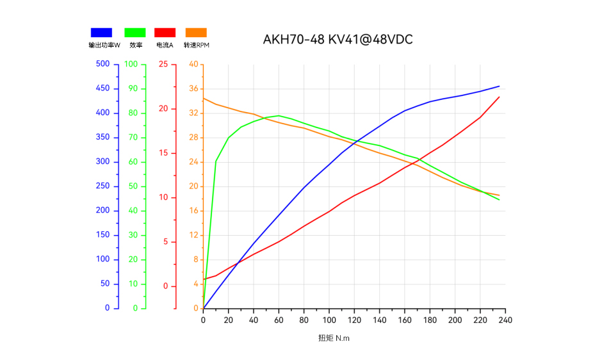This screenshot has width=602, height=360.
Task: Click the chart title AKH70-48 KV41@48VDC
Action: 338,40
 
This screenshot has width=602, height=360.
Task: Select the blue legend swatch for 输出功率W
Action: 101,33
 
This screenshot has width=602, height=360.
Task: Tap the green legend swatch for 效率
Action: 135,33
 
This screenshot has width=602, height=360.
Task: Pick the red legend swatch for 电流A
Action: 165,33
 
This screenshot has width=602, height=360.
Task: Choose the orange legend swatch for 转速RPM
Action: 195,33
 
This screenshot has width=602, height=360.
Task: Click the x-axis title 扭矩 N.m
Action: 334,338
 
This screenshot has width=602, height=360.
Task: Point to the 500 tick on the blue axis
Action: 102,64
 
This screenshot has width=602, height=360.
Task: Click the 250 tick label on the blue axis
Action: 102,186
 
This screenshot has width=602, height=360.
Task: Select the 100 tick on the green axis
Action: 131,64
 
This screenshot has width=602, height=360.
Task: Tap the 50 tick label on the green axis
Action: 133,186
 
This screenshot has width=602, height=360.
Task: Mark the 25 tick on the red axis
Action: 164,64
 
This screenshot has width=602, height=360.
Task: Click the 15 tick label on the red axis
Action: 164,153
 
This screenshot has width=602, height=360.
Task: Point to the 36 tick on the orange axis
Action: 194,88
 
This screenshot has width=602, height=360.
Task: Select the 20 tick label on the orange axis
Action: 194,186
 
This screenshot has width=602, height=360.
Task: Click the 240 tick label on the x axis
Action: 506,320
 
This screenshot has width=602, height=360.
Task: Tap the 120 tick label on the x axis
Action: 354,320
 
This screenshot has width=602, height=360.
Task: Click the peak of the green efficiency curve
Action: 279,116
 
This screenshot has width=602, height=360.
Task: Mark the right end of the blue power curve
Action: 499,86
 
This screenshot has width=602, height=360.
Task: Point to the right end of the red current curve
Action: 499,97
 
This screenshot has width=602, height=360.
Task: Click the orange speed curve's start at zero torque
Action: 203,98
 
